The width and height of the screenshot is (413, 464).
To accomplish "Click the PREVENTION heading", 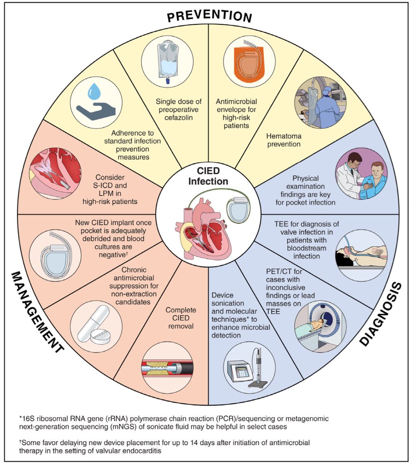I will (209, 15).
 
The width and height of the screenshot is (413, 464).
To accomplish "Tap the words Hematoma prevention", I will (283, 140).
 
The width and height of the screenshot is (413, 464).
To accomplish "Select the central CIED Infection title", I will (208, 176).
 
